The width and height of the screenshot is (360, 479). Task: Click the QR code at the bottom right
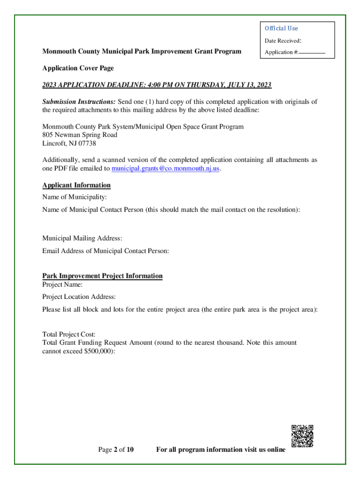[x=302, y=435]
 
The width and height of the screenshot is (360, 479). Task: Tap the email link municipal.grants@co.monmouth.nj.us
[x=165, y=168]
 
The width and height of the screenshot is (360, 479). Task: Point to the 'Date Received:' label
[x=283, y=41]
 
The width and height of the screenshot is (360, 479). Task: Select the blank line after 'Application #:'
[x=312, y=53]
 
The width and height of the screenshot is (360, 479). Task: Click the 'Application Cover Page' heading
[x=78, y=68]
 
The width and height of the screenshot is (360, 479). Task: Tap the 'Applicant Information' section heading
[x=77, y=185]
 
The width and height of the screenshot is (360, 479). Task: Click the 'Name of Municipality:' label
[x=75, y=197]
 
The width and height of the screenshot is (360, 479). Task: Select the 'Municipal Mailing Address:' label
[x=82, y=239]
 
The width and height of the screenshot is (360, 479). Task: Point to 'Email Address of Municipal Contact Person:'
[x=106, y=251]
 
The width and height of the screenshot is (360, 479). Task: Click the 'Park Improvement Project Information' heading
[x=102, y=276]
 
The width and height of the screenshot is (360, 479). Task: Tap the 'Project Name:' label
[x=63, y=284]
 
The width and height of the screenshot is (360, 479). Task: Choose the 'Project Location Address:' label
[x=79, y=297]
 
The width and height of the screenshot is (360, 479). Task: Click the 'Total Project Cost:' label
[x=69, y=334]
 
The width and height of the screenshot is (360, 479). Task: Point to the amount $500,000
[x=96, y=351]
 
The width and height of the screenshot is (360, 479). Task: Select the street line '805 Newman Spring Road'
[x=80, y=135]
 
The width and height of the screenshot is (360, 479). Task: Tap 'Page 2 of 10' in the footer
[x=116, y=450]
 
